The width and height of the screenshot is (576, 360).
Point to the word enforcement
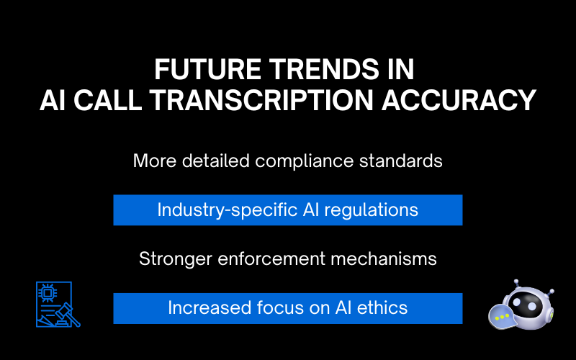click(x=272, y=258)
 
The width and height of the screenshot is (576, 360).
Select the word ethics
click(x=384, y=308)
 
